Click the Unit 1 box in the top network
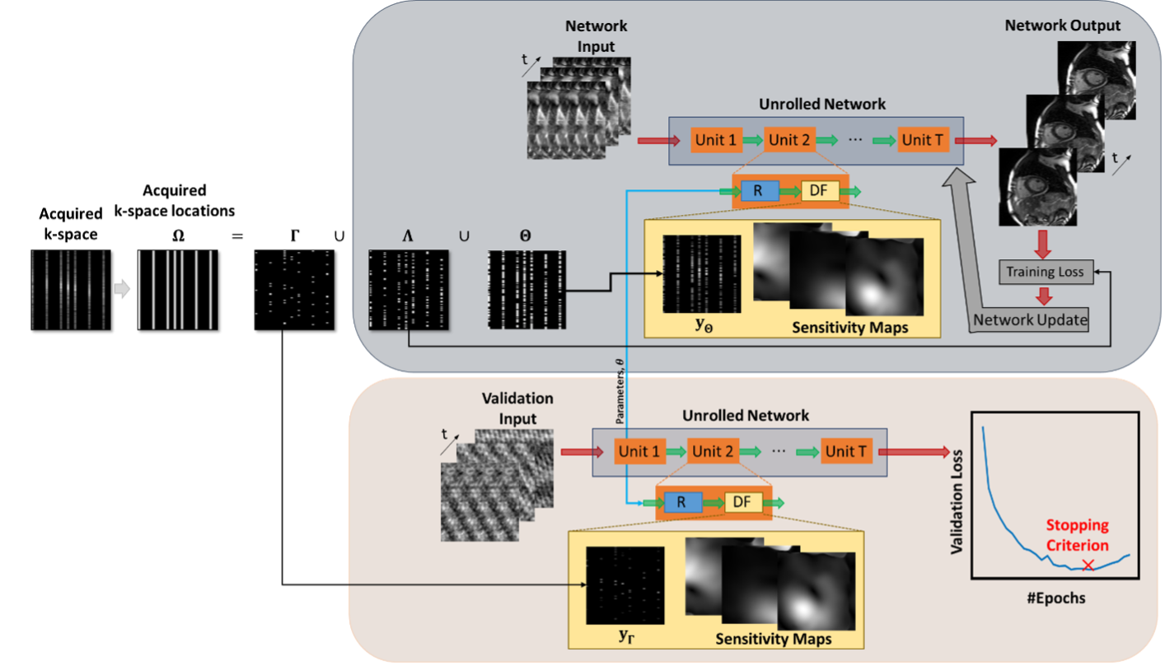[715, 140]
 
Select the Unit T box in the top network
[922, 140]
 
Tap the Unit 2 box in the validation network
[713, 451]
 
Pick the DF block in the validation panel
[742, 502]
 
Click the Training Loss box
[1046, 271]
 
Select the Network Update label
[1031, 319]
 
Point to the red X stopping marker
[1088, 565]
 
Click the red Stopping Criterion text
[1077, 535]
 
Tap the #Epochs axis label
[1055, 598]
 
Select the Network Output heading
[1062, 26]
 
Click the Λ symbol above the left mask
[407, 235]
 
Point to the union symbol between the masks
[464, 235]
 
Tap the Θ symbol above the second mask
[525, 235]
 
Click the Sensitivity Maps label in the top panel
[849, 327]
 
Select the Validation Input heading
[517, 408]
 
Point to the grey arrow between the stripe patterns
[122, 289]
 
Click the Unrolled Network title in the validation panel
[746, 416]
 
